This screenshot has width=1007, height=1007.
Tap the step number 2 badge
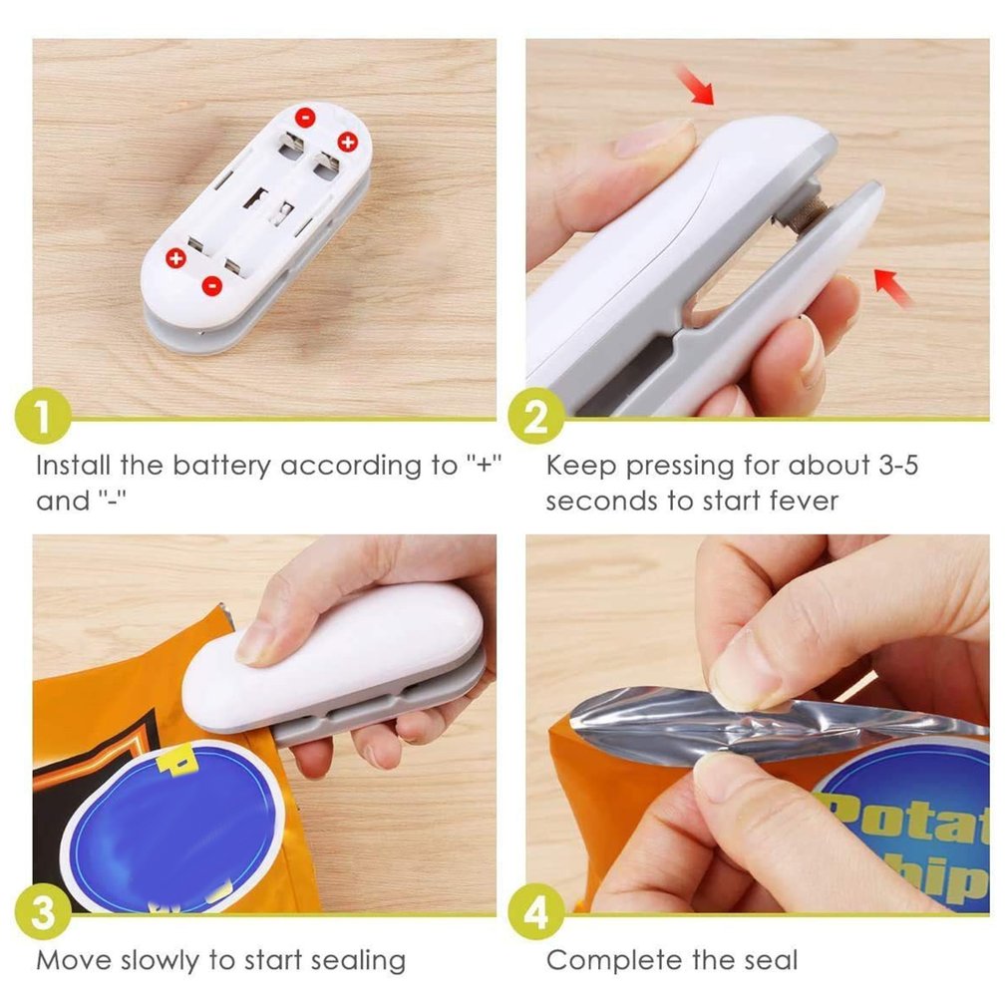click(x=536, y=419)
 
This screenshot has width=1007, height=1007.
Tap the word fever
click(x=797, y=501)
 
